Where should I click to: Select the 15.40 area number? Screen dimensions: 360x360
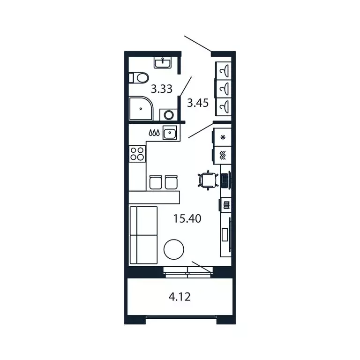click(187, 218)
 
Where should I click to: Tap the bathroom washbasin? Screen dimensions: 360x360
click(163, 62)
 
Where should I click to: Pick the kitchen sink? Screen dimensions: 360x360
click(169, 133)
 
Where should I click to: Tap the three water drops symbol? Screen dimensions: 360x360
click(154, 133)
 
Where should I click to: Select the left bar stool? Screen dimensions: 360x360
click(155, 182)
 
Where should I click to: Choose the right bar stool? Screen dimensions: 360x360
click(171, 182)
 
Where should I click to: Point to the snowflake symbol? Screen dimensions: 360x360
click(223, 137)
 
